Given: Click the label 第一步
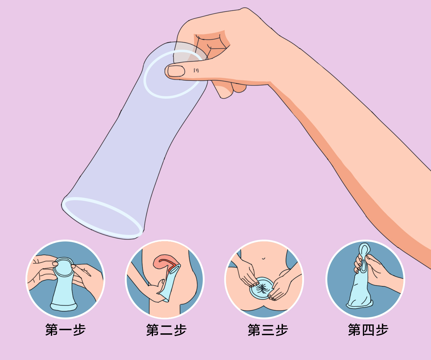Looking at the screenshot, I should coord(65,330).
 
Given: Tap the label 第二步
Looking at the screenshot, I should coord(166,330).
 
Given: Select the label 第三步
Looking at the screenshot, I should coord(268,330).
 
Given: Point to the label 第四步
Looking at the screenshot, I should coord(368,330).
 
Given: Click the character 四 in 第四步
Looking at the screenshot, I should coord(368,330).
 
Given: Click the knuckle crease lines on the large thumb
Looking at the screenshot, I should coord(196,70).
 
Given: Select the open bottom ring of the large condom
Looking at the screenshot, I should coord(102,217).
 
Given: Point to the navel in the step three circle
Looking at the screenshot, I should coord(263,258).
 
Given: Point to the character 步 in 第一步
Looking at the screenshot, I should coord(79,330).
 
